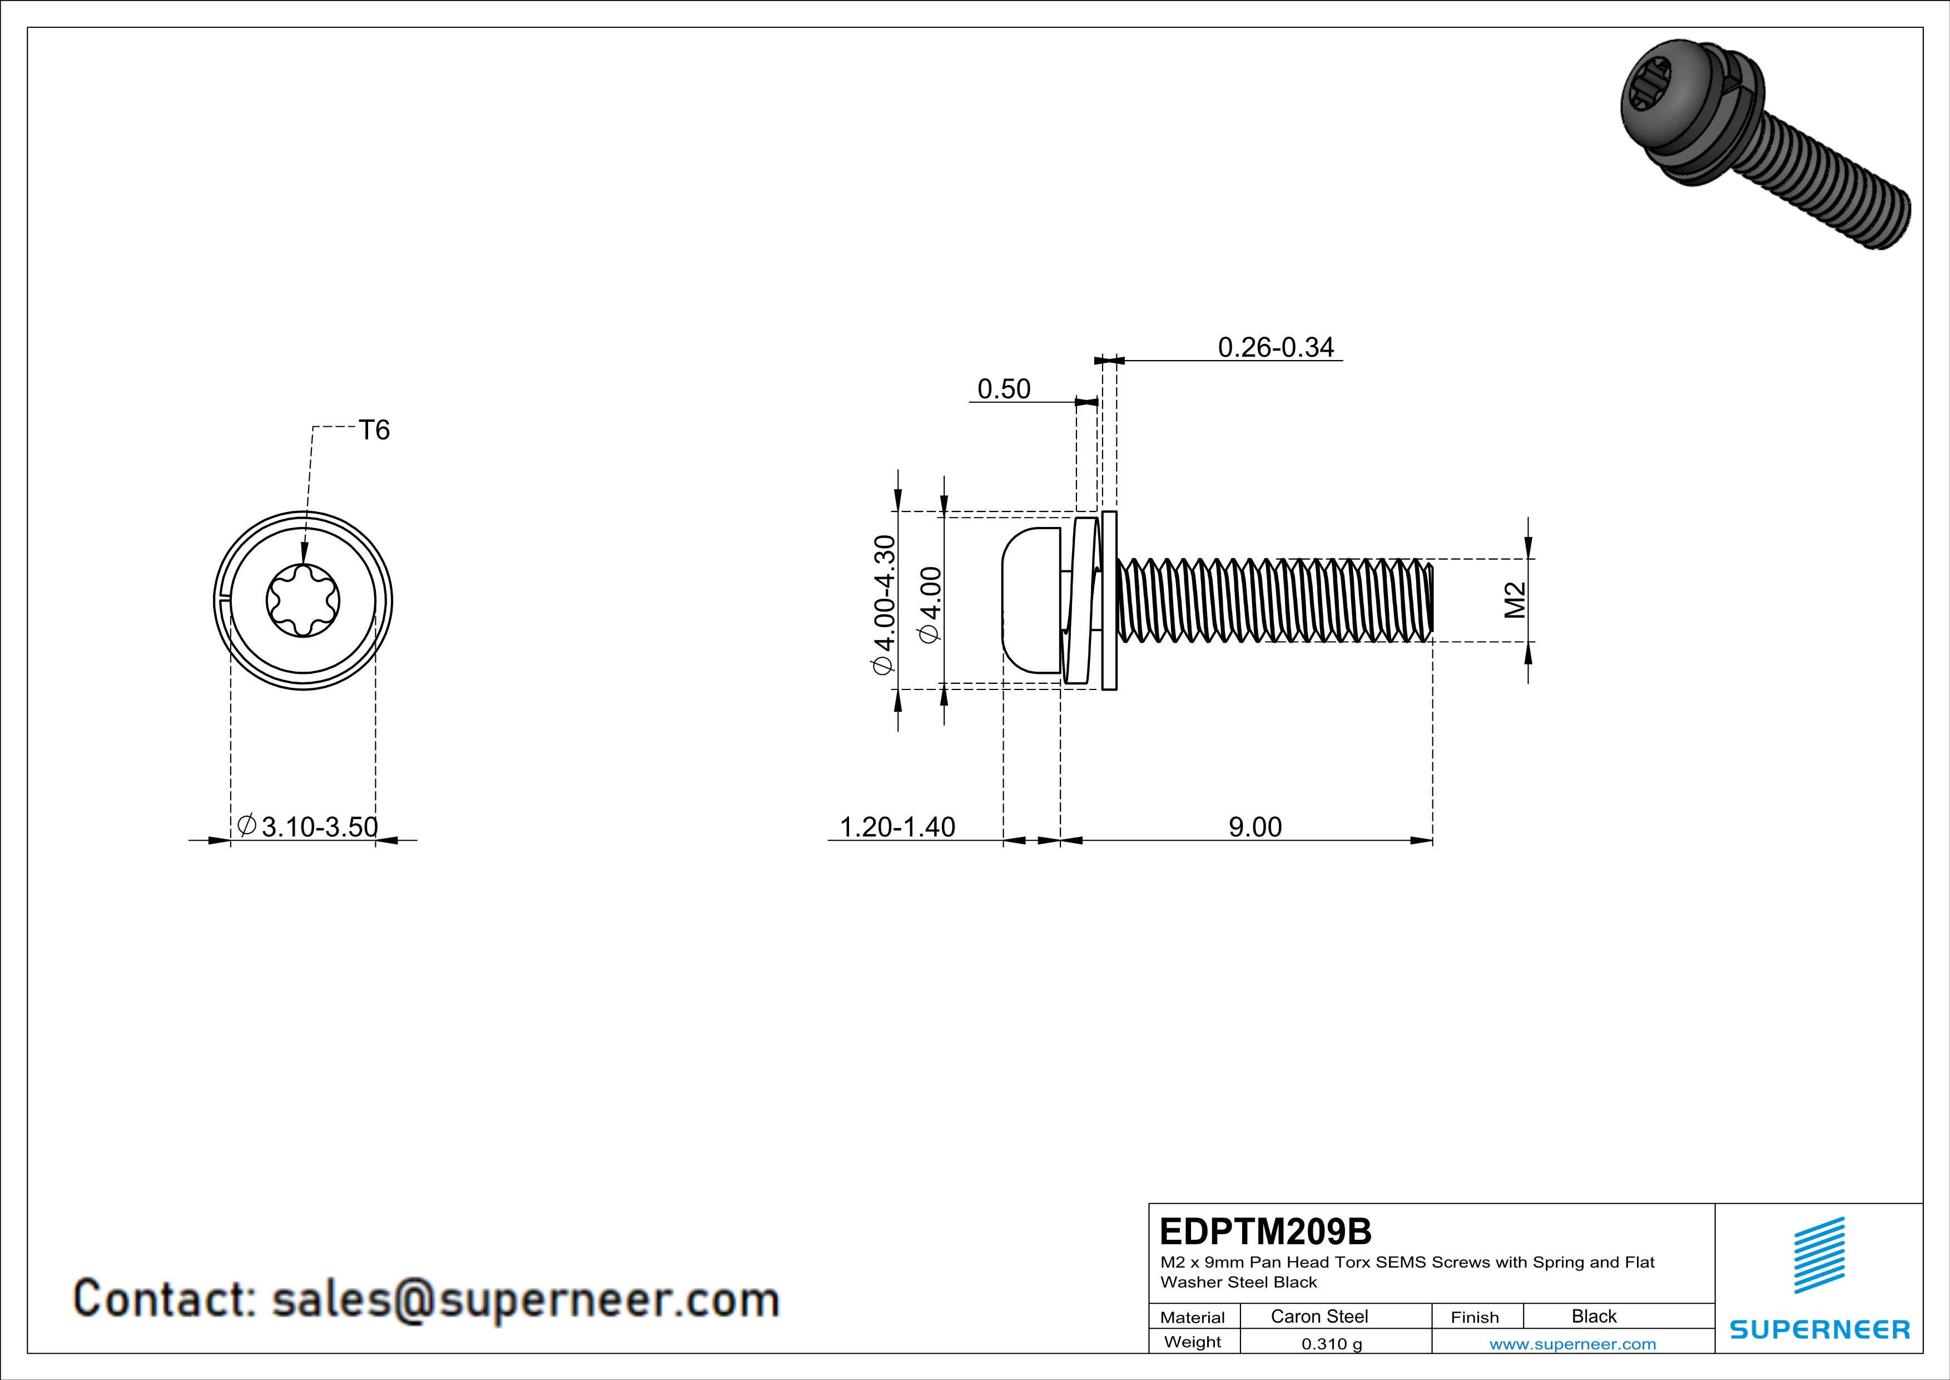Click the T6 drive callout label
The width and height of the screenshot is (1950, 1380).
point(374,430)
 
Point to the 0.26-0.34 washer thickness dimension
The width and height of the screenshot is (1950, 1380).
point(1276,347)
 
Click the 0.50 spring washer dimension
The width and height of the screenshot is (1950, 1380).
point(1004,388)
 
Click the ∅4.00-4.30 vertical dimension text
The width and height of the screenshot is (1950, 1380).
point(884,604)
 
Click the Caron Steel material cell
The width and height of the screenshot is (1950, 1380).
point(1319,1316)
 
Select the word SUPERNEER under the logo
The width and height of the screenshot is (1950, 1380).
point(1819,1329)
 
